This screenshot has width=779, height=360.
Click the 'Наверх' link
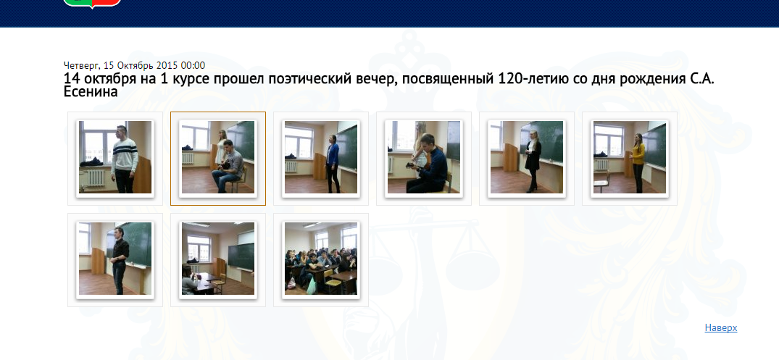720,327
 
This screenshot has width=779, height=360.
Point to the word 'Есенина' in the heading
91,92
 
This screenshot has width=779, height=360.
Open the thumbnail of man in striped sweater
115,158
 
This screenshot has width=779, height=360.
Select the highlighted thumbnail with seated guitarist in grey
218,158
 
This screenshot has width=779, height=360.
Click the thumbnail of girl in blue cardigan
321,158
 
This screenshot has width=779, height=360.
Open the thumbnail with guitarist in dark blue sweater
424,158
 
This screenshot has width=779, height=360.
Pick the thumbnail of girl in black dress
527,158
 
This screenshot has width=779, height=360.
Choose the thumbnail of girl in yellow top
630,158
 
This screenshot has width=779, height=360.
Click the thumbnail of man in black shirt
115,259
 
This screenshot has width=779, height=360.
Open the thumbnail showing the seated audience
321,259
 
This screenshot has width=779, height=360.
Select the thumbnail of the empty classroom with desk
218,259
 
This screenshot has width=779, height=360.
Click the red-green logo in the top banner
93,2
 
